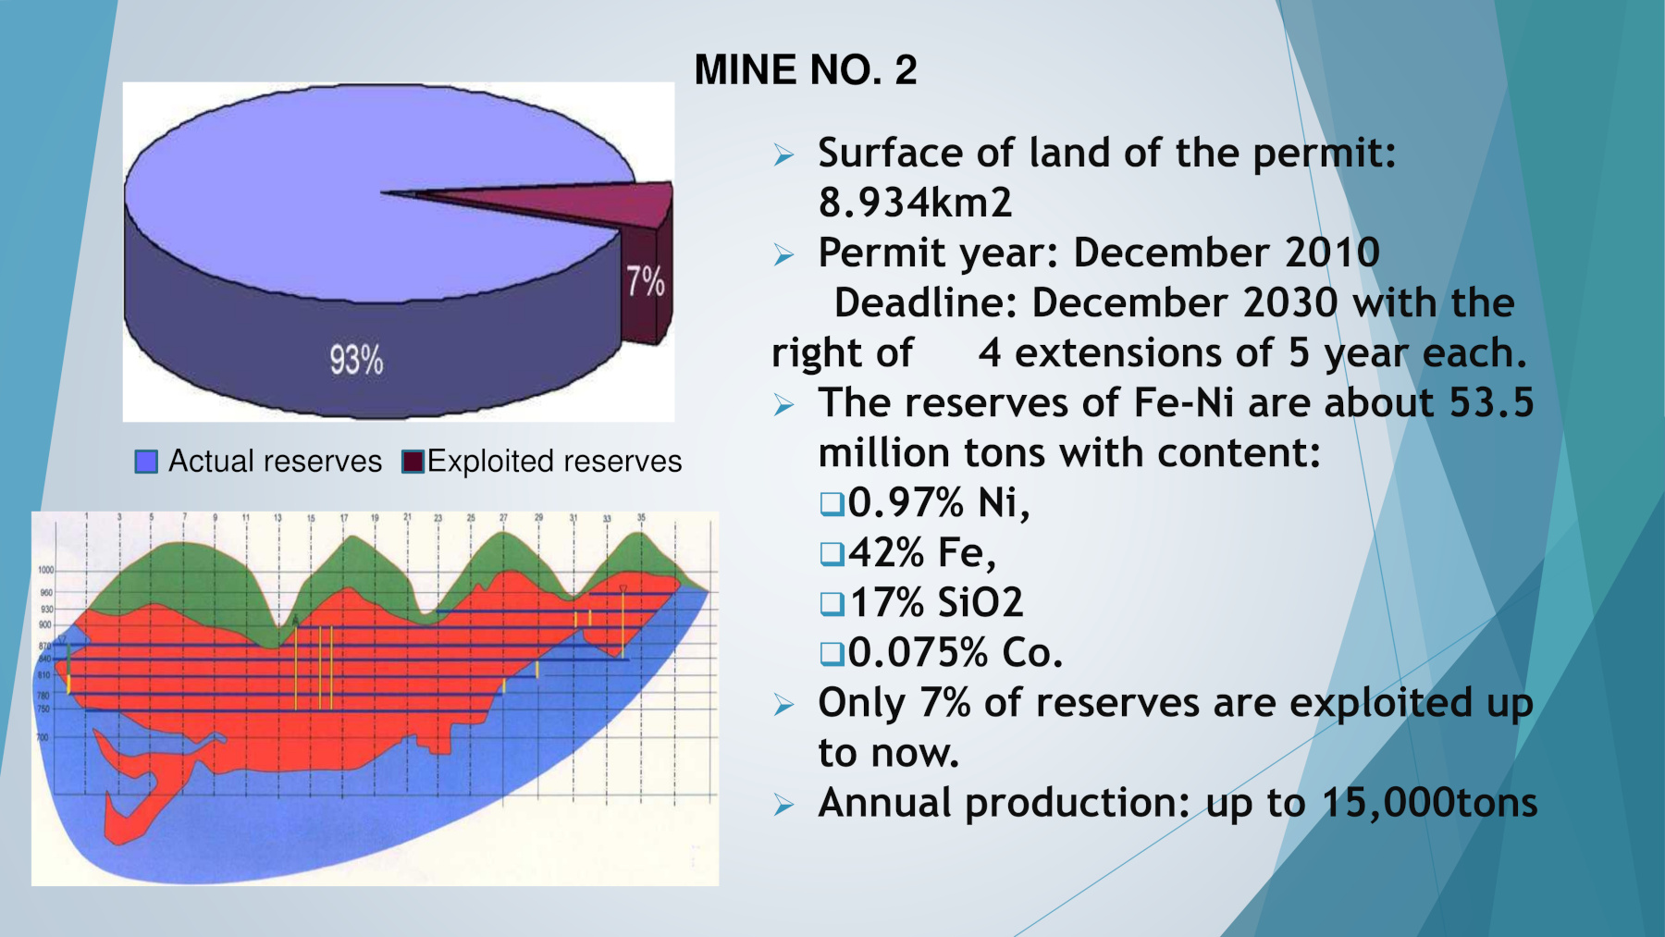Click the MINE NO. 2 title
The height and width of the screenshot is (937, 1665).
[805, 70]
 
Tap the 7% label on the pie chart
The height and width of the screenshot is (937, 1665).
[645, 281]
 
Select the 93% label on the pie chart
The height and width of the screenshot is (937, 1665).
[356, 360]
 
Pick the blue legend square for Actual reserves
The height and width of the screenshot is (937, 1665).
[146, 462]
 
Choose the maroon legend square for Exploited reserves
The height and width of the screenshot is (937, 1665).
[413, 462]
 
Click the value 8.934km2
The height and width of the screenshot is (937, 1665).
[915, 203]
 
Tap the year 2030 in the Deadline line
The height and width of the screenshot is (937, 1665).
[1290, 302]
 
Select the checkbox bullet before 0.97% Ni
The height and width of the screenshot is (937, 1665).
[832, 504]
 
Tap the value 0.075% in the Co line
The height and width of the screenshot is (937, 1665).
[918, 653]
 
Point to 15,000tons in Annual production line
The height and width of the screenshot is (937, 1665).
[1429, 803]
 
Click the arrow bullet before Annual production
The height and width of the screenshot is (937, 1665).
[783, 806]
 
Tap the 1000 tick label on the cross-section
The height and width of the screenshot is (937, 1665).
[45, 570]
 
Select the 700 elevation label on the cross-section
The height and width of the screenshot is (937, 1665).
[42, 738]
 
